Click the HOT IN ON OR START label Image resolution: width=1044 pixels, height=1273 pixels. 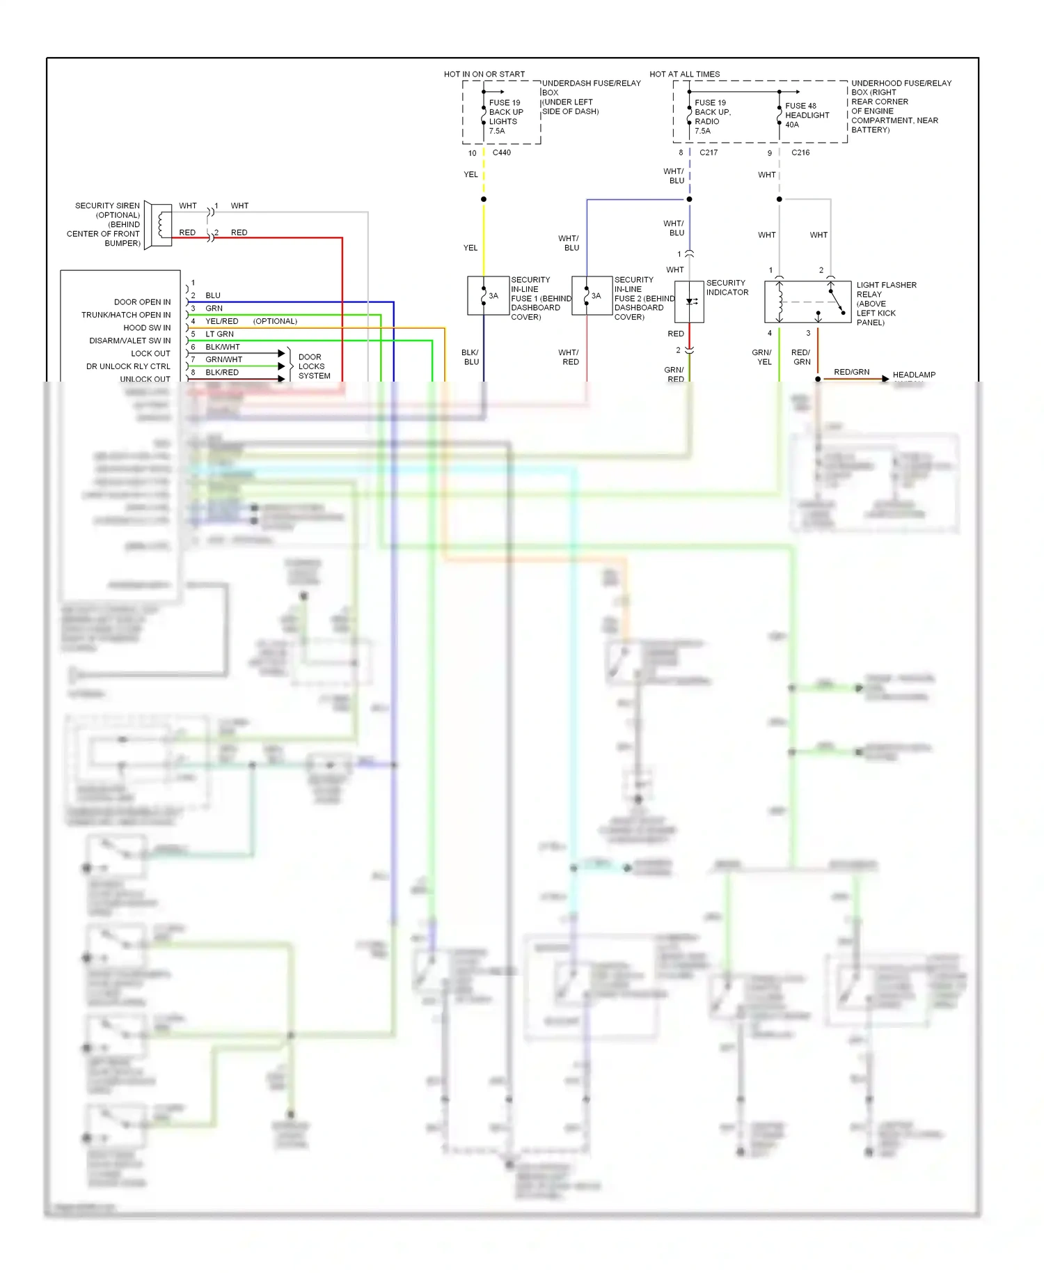coord(484,74)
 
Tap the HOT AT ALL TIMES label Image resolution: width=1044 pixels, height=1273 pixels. coord(684,74)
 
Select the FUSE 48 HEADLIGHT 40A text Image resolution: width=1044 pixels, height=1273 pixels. coord(807,115)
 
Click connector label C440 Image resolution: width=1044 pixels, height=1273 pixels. coord(501,153)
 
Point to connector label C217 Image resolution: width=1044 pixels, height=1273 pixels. coord(708,153)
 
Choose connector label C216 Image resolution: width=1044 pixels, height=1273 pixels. coord(800,153)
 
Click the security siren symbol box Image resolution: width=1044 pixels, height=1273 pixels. coord(158,224)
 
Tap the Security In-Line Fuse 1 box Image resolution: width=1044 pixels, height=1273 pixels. coord(487,296)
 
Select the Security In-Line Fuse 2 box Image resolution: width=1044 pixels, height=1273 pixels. coord(592,296)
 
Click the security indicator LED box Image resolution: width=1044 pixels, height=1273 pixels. coord(689,302)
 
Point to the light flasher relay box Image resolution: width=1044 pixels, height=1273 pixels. coord(807,302)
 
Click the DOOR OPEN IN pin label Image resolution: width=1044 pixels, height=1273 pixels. coord(142,302)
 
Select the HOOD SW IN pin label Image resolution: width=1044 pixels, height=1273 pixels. coord(147,328)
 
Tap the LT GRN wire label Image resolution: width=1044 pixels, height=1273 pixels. coord(219,334)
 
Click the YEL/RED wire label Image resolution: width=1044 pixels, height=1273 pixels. coord(221,321)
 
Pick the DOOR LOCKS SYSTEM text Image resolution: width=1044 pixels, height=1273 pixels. coord(313,366)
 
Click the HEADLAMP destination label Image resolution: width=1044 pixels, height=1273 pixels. coord(914,375)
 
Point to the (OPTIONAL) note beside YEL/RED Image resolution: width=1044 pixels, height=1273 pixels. coord(275,321)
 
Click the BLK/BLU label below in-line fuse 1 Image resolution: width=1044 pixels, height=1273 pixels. coord(470,357)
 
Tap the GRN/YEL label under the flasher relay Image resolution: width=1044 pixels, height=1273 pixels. coord(762,357)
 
